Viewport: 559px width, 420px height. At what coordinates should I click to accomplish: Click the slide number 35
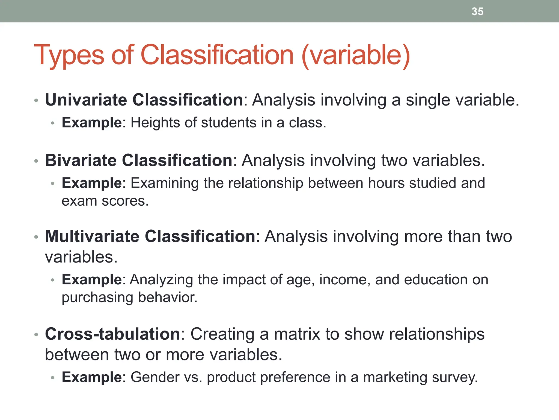(477, 11)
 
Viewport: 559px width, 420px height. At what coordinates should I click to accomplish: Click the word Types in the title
(69, 55)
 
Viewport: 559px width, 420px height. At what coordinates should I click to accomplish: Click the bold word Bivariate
(81, 160)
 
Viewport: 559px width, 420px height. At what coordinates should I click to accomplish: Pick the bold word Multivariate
(92, 236)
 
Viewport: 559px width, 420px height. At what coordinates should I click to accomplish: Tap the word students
(229, 122)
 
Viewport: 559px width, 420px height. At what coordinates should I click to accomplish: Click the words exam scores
(105, 201)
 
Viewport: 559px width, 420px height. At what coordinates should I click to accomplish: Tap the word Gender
(155, 377)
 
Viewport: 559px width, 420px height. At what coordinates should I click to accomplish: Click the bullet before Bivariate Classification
(36, 161)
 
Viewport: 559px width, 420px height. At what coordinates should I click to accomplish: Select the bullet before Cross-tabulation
(36, 334)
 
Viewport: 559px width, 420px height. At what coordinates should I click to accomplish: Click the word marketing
(395, 378)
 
